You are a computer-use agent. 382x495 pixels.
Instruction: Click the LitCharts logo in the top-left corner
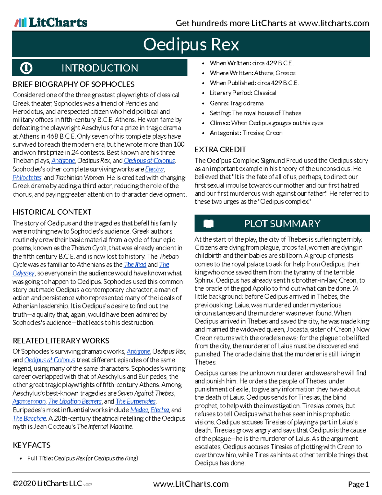tap(51, 23)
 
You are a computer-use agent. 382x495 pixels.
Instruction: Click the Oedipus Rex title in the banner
tap(191, 44)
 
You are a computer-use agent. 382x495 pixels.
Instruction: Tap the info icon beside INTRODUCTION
tap(26, 68)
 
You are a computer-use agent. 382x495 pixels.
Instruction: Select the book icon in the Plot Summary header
tap(209, 223)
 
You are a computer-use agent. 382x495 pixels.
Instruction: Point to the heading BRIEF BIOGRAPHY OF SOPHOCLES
tap(74, 84)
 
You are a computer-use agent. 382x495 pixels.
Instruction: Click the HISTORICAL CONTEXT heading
tap(52, 212)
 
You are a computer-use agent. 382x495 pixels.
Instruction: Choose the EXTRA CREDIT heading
tap(220, 149)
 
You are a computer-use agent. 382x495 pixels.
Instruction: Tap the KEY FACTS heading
tap(32, 445)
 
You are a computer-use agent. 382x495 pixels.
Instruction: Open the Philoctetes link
tap(27, 178)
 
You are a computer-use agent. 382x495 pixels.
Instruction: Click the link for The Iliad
tap(135, 265)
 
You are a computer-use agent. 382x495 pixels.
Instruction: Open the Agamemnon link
tap(29, 401)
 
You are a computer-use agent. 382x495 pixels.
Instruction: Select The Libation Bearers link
tap(75, 401)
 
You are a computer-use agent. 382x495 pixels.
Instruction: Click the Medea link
tap(139, 410)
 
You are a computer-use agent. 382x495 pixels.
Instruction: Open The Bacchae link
tap(29, 418)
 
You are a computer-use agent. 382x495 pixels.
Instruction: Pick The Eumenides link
tap(136, 401)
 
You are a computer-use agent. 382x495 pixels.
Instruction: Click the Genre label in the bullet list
tap(219, 103)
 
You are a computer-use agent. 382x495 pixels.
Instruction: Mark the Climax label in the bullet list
tap(220, 123)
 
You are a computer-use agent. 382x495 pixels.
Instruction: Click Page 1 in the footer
tap(358, 484)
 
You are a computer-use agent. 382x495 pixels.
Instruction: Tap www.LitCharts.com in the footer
tap(191, 484)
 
